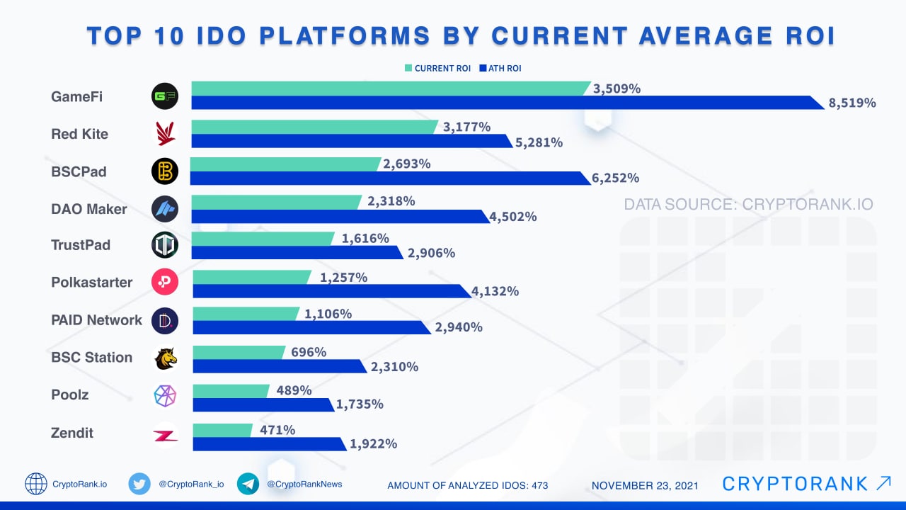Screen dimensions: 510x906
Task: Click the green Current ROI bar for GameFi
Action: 389,89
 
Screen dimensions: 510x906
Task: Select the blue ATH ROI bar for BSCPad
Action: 389,178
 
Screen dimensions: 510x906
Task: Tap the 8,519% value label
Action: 851,103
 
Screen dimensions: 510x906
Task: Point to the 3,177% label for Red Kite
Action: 466,127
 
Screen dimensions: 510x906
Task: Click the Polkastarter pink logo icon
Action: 165,283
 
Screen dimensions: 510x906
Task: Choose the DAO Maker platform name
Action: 89,209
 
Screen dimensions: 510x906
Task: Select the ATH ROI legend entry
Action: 500,69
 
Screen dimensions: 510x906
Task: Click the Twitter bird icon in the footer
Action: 139,484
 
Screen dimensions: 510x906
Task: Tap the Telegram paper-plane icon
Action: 248,484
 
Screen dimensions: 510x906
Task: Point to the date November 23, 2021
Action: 645,485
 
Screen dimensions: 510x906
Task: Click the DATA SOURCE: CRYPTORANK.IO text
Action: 748,205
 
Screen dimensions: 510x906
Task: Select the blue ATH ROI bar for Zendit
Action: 269,444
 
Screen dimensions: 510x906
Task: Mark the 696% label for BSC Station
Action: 308,352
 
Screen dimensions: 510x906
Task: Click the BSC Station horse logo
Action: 165,358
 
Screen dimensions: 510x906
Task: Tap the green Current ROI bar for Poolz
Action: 230,391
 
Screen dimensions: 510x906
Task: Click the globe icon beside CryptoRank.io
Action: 36,484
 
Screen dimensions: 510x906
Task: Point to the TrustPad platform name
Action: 81,245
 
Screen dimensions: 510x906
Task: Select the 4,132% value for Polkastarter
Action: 495,291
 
